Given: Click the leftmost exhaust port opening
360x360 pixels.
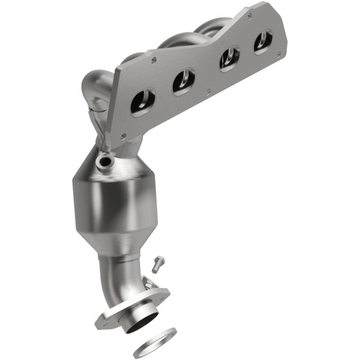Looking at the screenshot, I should click(142, 102).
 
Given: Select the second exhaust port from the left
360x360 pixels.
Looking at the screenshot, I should click(183, 81).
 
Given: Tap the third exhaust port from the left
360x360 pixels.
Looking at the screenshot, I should click(229, 58).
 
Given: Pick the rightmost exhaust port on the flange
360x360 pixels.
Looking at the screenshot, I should click(263, 41).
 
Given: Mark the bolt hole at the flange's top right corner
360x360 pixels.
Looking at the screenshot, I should click(249, 15).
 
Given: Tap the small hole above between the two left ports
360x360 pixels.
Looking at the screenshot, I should click(154, 59).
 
